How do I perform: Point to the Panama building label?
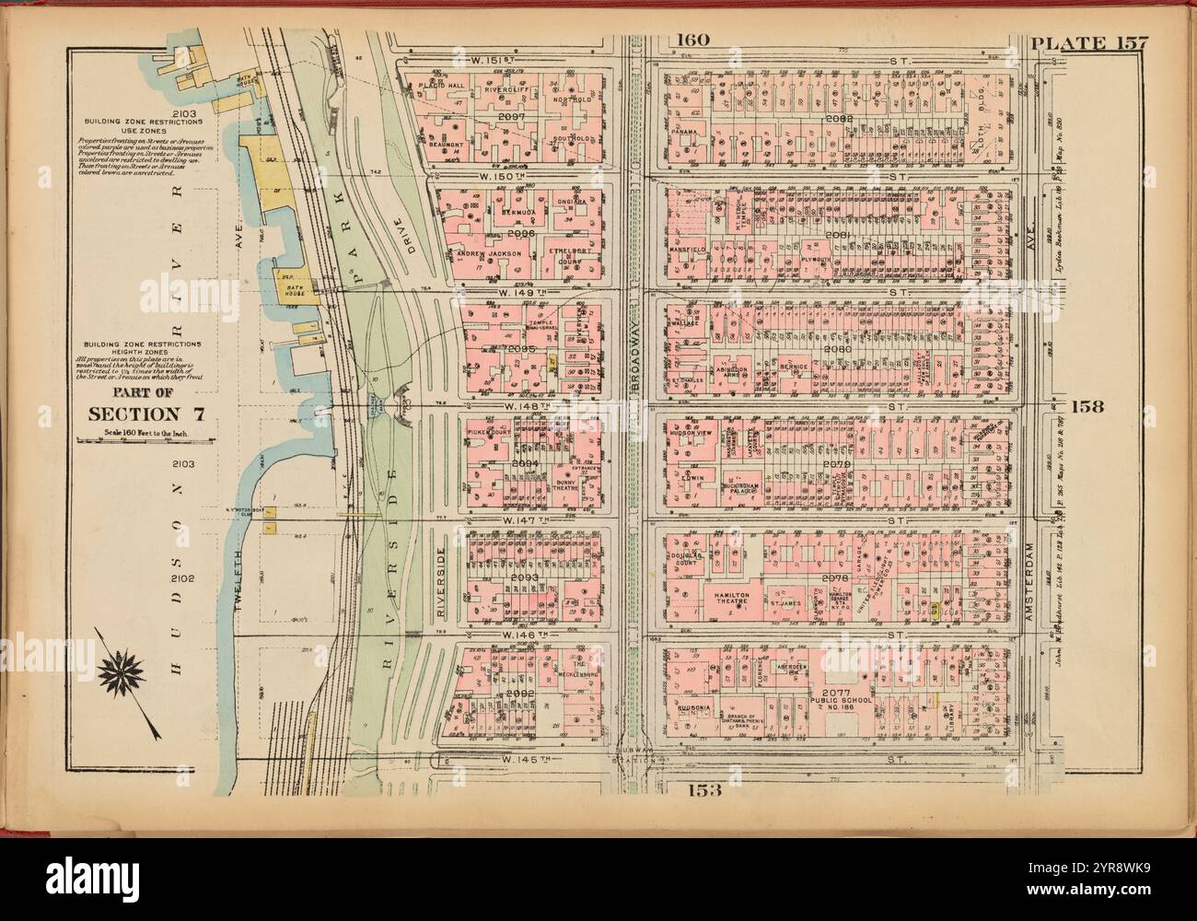pyautogui.click(x=683, y=132)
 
